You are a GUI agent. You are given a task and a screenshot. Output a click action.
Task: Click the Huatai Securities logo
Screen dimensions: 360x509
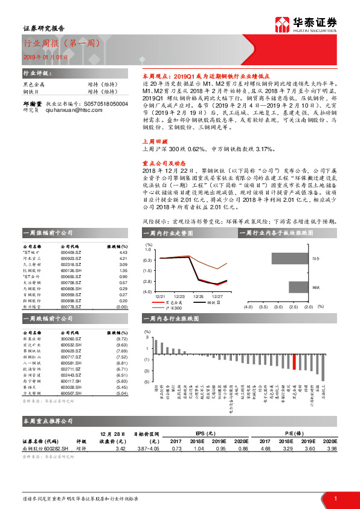pos(314,24)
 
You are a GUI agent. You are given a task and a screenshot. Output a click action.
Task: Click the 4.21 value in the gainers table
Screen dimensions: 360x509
pos(122,258)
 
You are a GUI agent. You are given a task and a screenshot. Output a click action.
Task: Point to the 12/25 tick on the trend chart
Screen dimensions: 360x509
pos(198,297)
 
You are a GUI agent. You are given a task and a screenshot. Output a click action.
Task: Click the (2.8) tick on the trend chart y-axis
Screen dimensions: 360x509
pos(147,281)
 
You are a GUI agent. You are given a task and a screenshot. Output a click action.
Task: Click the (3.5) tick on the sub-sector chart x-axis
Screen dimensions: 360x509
pos(263,306)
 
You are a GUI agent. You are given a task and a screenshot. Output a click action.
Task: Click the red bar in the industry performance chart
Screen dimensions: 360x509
pos(294,361)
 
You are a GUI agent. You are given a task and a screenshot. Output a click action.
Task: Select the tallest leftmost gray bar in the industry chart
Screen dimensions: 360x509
pos(156,346)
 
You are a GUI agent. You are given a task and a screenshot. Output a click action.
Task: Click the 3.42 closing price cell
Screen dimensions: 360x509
pos(120,448)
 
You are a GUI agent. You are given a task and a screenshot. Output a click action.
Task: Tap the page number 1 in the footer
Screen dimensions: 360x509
pos(335,497)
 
